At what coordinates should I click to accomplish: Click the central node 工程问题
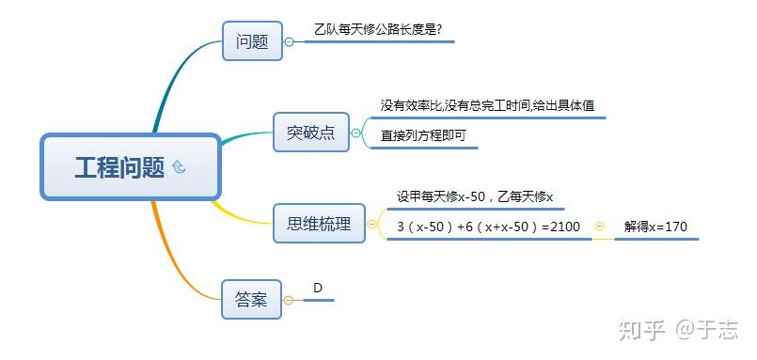[x=119, y=167]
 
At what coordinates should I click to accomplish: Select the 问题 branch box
[x=252, y=41]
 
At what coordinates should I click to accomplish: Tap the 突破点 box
[x=310, y=133]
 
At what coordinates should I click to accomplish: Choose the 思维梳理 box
[x=319, y=224]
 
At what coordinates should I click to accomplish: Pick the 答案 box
[x=251, y=299]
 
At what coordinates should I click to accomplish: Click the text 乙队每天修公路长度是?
[x=384, y=29]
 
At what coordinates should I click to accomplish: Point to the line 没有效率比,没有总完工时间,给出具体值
[x=487, y=105]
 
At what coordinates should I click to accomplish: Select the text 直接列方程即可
[x=423, y=135]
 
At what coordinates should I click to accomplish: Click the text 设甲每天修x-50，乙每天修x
[x=474, y=196]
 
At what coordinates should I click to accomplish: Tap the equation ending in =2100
[x=488, y=227]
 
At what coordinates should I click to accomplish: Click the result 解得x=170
[x=655, y=227]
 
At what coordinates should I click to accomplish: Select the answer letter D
[x=318, y=287]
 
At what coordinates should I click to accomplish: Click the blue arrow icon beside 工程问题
[x=179, y=167]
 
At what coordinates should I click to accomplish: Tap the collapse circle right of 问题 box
[x=290, y=41]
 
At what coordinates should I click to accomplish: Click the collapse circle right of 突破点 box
[x=355, y=133]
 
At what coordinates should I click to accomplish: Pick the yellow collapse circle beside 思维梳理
[x=372, y=225]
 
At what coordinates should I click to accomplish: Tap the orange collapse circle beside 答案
[x=288, y=300]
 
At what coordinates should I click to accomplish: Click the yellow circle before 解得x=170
[x=600, y=227]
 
